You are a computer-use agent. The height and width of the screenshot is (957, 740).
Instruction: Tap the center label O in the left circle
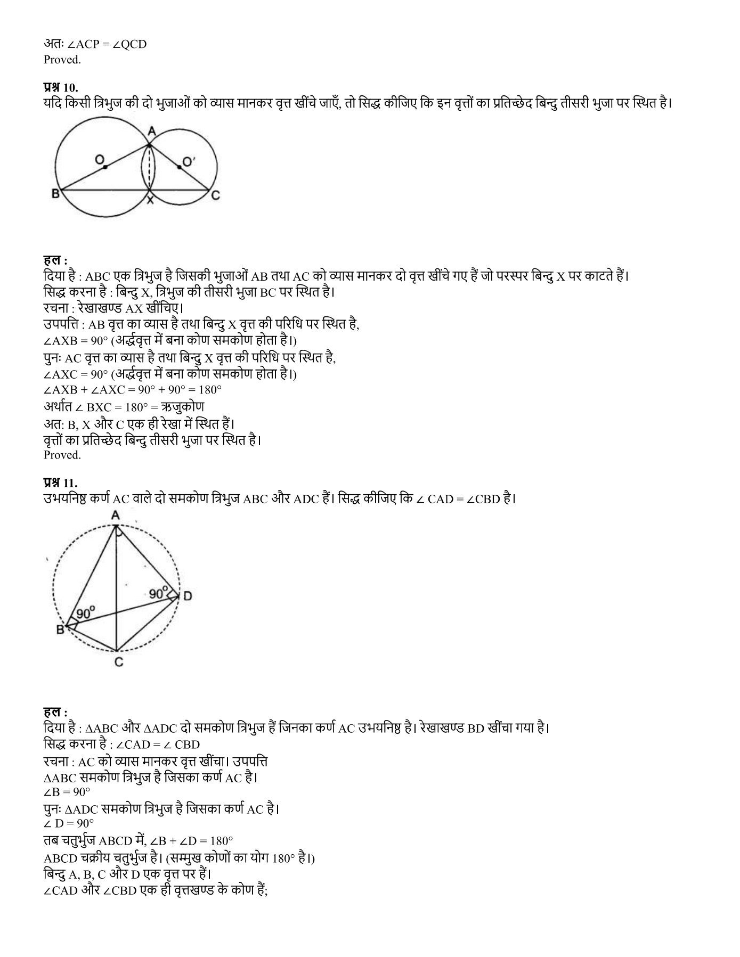click(100, 159)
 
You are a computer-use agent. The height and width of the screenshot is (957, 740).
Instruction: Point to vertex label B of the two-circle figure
click(55, 194)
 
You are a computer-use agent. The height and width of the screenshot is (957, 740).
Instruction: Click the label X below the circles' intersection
click(150, 200)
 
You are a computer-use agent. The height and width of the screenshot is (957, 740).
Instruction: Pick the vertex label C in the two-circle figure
click(215, 196)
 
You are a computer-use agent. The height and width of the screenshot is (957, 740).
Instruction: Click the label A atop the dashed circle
click(115, 515)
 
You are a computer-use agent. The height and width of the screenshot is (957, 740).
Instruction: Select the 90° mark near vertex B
click(86, 613)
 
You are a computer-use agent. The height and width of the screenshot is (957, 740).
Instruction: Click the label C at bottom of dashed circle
click(119, 662)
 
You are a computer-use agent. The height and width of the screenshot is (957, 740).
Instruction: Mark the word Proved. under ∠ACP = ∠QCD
click(62, 60)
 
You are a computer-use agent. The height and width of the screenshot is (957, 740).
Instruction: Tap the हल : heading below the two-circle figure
click(55, 260)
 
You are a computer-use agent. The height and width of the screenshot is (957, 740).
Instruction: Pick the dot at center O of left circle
click(105, 167)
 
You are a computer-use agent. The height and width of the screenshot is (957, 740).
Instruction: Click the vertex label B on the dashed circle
click(60, 630)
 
